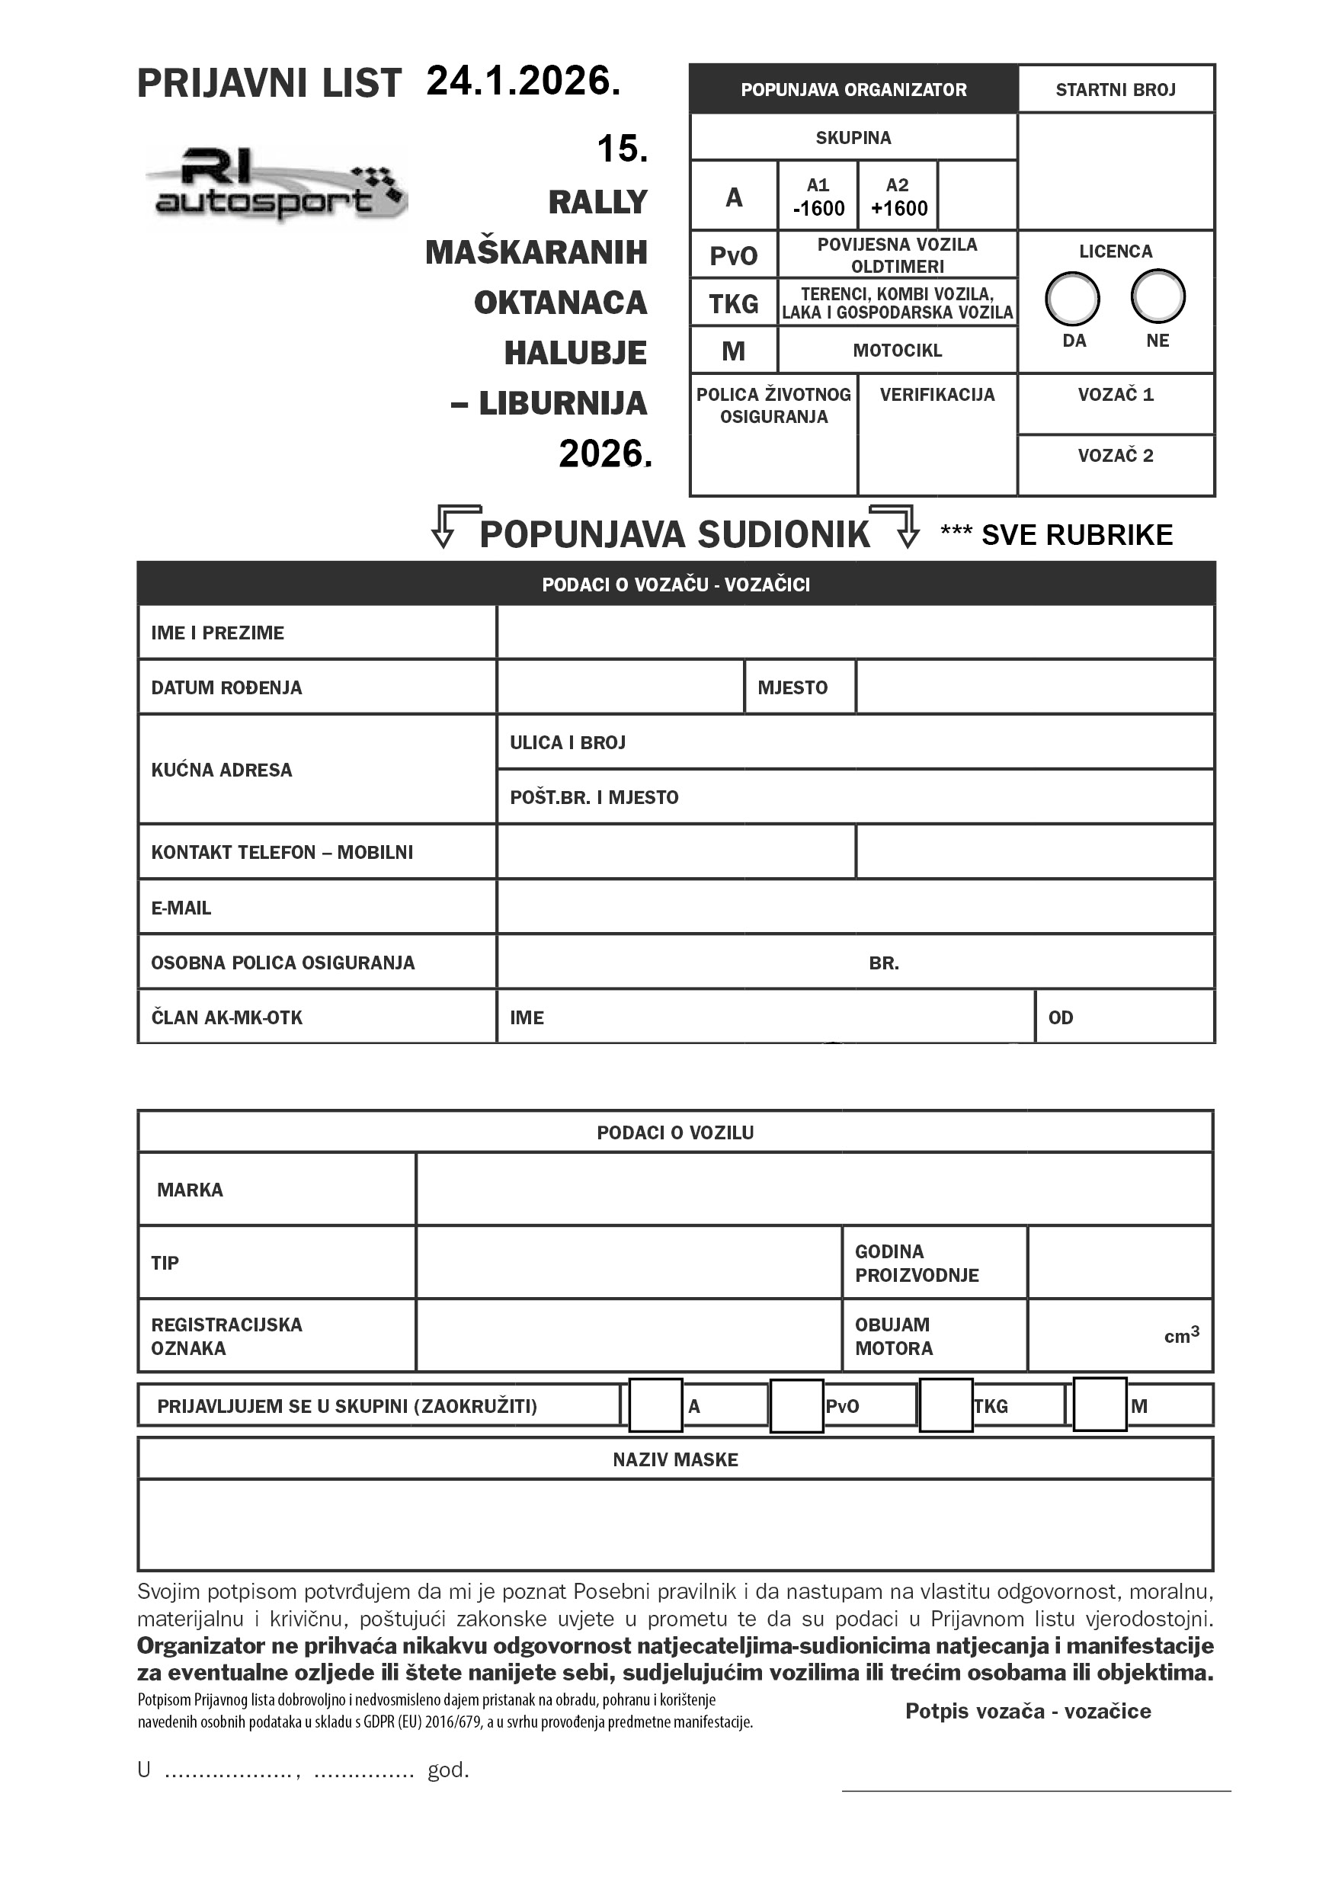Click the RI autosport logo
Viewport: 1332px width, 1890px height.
coord(276,185)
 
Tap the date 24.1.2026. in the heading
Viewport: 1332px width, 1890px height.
coord(523,82)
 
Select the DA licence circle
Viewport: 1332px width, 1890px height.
coord(1072,298)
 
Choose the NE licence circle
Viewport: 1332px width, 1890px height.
coord(1157,296)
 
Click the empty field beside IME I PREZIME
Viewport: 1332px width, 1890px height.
coord(854,633)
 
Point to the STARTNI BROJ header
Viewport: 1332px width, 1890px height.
coord(1116,90)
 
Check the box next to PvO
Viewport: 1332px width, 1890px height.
coord(796,1406)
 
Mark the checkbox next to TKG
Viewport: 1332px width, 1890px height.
coord(945,1405)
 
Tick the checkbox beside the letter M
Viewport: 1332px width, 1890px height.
coord(1100,1405)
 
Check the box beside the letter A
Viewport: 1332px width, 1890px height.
coord(655,1405)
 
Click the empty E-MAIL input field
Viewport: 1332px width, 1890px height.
coord(854,906)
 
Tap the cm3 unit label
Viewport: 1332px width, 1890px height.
coord(1181,1335)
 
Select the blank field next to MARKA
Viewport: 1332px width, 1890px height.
coord(813,1189)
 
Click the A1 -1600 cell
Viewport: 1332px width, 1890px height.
coord(818,197)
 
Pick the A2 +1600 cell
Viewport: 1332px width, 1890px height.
coord(898,197)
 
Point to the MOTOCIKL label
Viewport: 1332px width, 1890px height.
coord(898,350)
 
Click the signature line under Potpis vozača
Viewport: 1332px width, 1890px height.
coord(1036,1789)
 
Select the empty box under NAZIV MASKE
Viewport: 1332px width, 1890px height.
coord(675,1523)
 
